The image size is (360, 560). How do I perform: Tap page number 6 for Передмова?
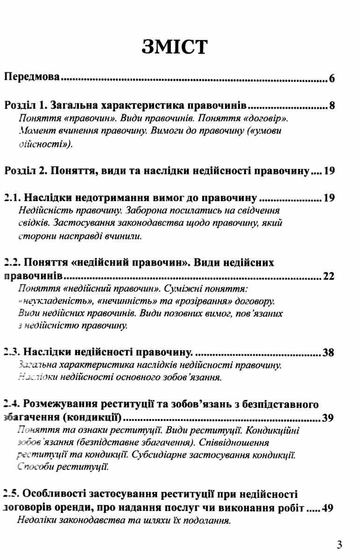[x=332, y=78]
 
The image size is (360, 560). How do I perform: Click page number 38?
[x=329, y=352]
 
